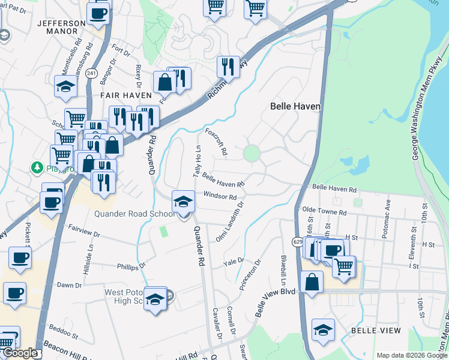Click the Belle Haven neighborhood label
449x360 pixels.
tap(295, 106)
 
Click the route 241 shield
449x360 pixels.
tap(91, 73)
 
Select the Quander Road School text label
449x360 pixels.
tap(134, 214)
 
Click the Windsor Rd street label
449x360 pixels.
tap(220, 196)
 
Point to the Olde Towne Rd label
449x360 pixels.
tap(325, 212)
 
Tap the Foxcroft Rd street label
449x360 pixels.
tap(216, 141)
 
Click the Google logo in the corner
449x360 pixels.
tap(20, 353)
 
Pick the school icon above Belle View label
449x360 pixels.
tap(323, 329)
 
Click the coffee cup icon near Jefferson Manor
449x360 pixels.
tap(98, 13)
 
